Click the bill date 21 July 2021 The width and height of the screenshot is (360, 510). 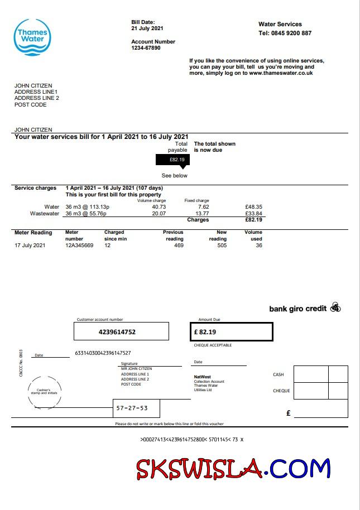coord(147,28)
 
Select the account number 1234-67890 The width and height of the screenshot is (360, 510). coord(146,48)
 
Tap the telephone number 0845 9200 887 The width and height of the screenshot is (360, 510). coord(291,33)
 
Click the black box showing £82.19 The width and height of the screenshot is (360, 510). coord(172,160)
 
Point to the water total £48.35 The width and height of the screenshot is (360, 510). coord(253,207)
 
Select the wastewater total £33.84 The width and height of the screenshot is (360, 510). coord(253,213)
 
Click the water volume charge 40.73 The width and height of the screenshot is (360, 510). coord(159,207)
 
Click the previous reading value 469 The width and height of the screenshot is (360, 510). coord(179,245)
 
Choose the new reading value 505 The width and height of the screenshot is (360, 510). coord(222,245)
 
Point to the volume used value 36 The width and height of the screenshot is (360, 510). coord(258,245)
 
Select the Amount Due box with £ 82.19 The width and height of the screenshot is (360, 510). coord(231,331)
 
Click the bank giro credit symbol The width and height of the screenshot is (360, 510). coord(335,307)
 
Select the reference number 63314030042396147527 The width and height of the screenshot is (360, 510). coord(103,353)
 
